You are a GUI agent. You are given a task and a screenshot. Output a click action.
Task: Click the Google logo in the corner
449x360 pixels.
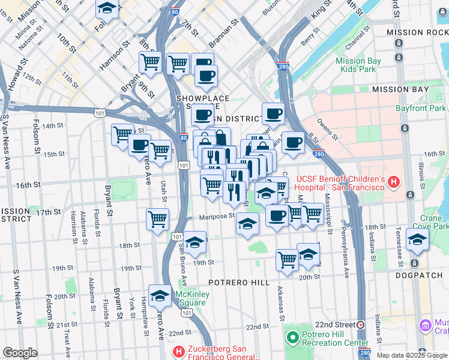(x=20, y=353)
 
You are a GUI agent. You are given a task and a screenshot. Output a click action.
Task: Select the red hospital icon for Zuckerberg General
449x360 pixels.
(x=178, y=351)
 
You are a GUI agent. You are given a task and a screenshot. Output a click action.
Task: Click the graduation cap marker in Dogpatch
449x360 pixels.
(x=417, y=239)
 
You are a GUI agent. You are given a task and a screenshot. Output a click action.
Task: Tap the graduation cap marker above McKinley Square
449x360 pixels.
(x=160, y=295)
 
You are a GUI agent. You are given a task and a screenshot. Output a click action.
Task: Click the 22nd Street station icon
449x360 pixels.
(x=361, y=325)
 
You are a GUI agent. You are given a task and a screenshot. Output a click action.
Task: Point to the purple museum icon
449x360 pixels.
(x=425, y=326)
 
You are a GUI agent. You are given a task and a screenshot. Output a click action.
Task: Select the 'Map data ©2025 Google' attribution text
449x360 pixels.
(x=412, y=355)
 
